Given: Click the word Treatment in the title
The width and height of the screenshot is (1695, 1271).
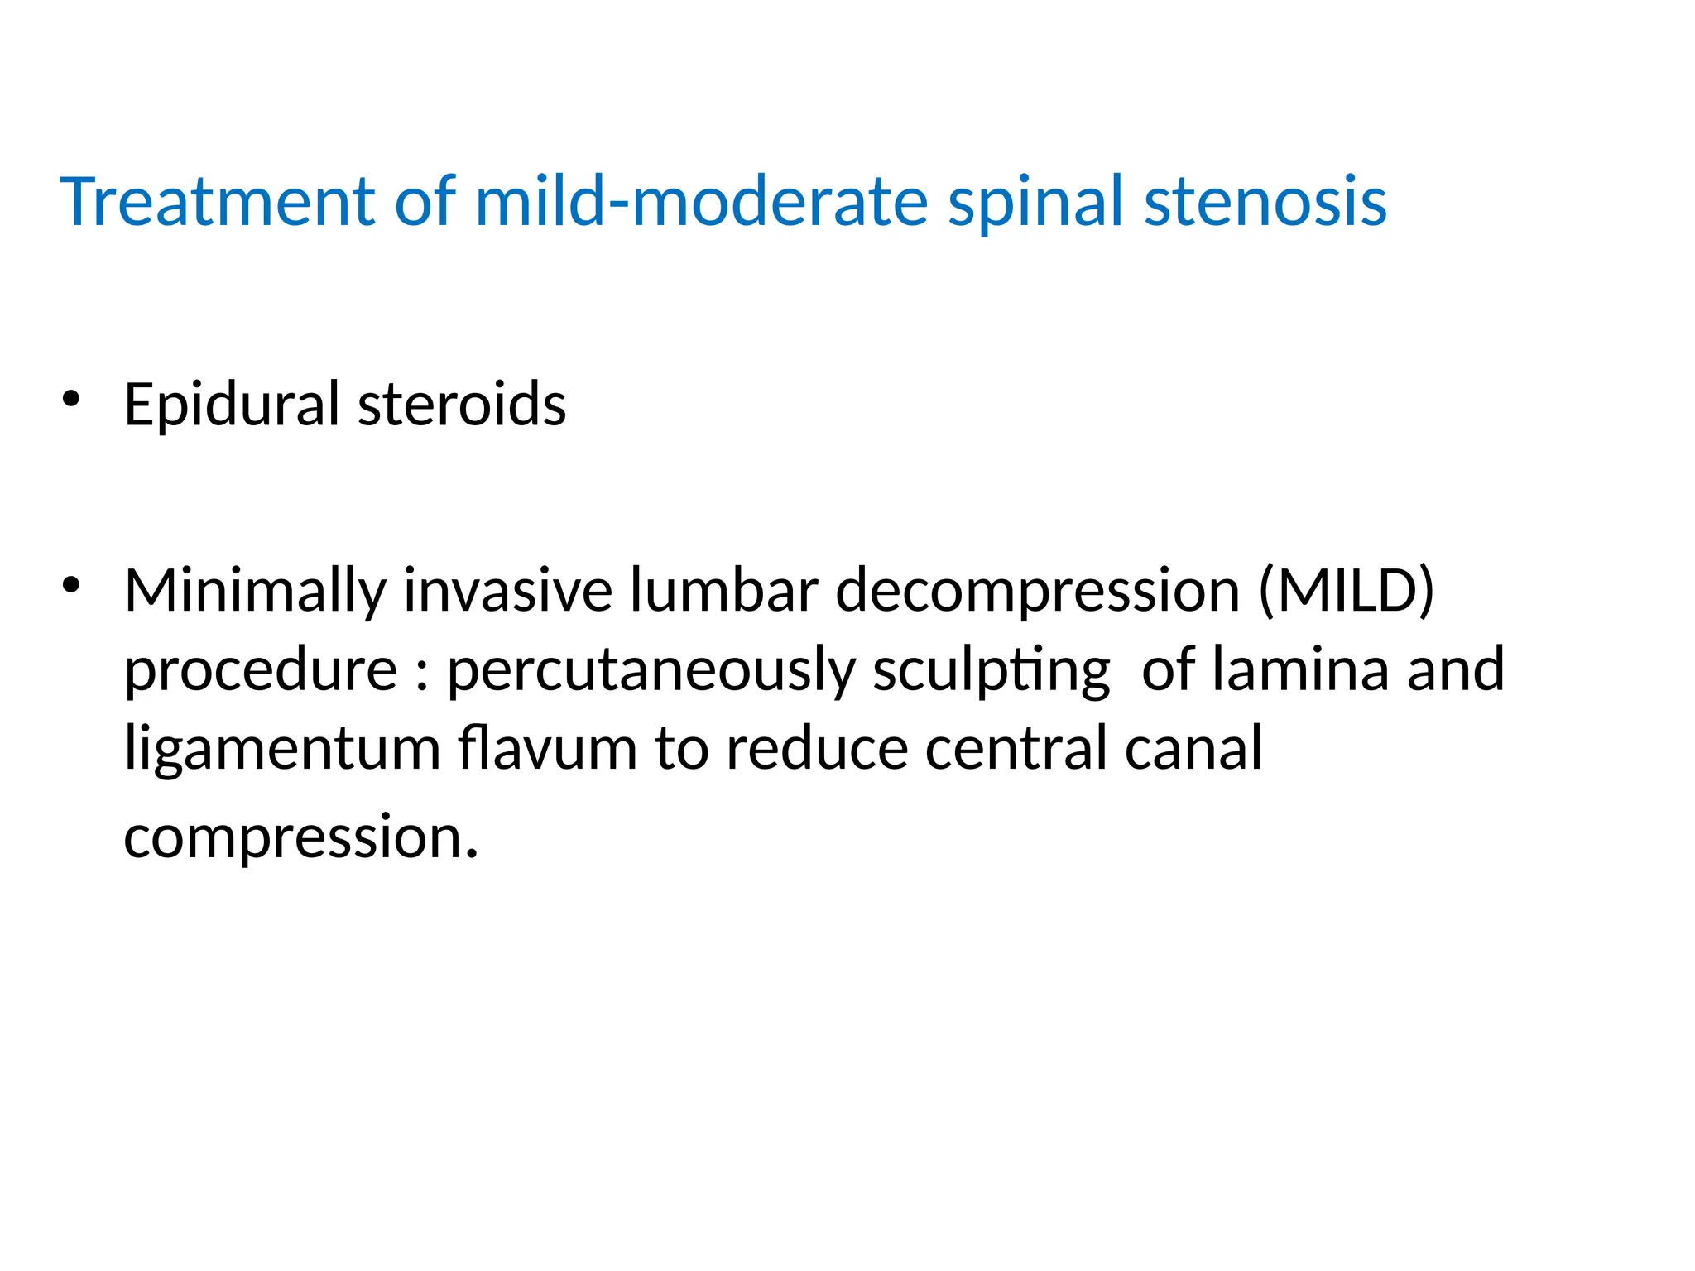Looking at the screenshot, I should click(218, 201).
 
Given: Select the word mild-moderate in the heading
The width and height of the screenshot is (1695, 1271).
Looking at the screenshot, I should click(701, 201).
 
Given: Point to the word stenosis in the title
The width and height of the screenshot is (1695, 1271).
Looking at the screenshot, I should click(1265, 201).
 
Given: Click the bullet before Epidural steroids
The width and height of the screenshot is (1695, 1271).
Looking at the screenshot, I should click(71, 400).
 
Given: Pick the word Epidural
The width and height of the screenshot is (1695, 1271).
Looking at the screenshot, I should click(232, 405).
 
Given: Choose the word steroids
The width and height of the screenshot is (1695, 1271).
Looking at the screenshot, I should click(462, 405).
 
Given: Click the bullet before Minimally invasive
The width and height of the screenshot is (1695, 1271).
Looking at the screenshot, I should click(71, 585).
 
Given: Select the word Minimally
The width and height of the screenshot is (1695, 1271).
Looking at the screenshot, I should click(255, 592).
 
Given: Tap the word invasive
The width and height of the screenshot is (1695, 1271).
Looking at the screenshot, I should click(508, 591).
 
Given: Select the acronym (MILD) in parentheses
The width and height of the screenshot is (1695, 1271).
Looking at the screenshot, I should click(1346, 591).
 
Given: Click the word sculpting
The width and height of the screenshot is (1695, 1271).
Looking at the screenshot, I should click(991, 671).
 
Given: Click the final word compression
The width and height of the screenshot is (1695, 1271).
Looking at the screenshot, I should click(300, 838).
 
